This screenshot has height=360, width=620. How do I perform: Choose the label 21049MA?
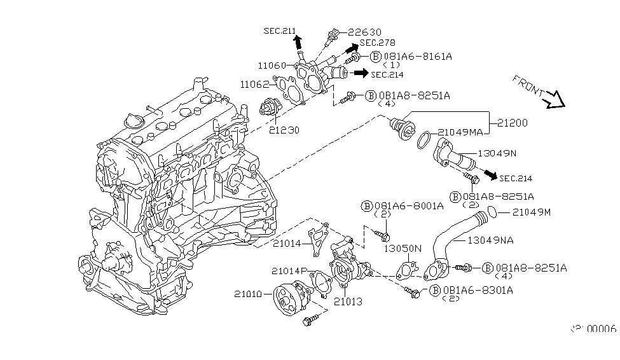(x=460, y=132)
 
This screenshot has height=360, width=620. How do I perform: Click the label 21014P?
(x=291, y=271)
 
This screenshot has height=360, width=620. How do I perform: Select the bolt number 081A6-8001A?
(x=404, y=205)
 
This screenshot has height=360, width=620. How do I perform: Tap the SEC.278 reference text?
(x=377, y=43)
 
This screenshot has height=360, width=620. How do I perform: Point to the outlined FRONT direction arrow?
(x=552, y=97)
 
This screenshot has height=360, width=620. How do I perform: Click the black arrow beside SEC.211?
(x=297, y=42)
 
